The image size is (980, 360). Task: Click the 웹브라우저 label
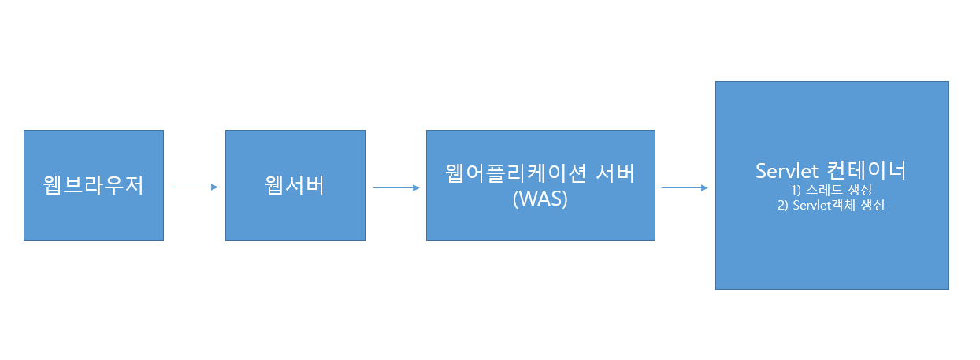tap(93, 187)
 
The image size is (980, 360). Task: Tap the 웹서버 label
tap(295, 187)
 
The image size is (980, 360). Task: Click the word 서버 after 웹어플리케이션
tap(611, 174)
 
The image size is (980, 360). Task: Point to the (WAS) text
tap(540, 199)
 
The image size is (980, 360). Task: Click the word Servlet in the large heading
tap(788, 171)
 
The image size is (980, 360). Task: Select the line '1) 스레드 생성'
tap(831, 191)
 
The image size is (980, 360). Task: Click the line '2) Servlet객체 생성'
tap(831, 206)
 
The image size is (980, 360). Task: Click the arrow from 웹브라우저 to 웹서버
tap(194, 187)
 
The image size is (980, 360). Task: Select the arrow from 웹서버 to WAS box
tap(395, 187)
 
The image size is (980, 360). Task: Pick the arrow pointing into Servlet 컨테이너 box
tap(684, 188)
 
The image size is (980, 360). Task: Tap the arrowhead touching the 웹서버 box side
tap(213, 187)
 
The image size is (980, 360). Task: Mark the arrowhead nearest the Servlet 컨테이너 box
tap(704, 188)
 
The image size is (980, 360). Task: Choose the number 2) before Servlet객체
tap(783, 206)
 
